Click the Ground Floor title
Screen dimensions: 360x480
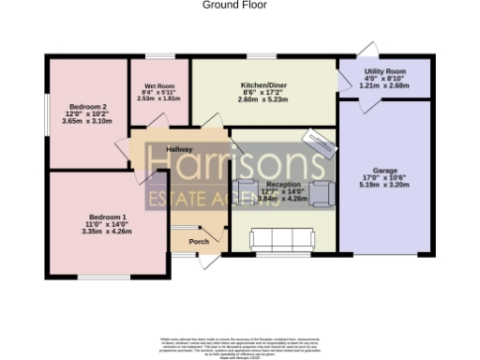234,5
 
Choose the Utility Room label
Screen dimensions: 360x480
384,71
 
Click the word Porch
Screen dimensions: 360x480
199,242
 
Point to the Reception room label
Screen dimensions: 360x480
283,185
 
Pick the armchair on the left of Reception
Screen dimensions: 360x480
247,187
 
